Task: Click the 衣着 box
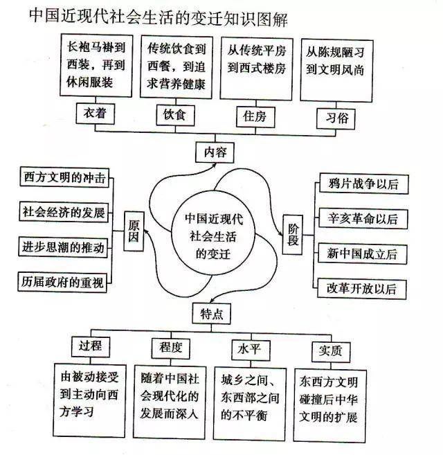tap(96, 114)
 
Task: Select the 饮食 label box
tap(175, 115)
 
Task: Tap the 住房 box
tap(255, 117)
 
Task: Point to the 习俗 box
tap(336, 118)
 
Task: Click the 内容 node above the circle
tap(215, 152)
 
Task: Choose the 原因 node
tap(134, 231)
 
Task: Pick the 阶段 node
tap(293, 235)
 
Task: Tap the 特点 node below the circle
tap(212, 314)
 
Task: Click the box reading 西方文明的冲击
tap(64, 177)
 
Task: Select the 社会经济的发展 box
tap(64, 212)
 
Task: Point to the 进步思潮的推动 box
tap(63, 247)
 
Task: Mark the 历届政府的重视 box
tap(62, 282)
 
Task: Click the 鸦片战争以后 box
tap(364, 184)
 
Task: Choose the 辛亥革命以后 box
tap(363, 219)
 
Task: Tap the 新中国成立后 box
tap(362, 254)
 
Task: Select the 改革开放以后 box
tap(362, 289)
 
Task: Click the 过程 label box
tap(91, 346)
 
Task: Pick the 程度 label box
tap(170, 348)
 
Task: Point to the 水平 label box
tap(251, 350)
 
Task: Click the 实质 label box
tap(331, 352)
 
